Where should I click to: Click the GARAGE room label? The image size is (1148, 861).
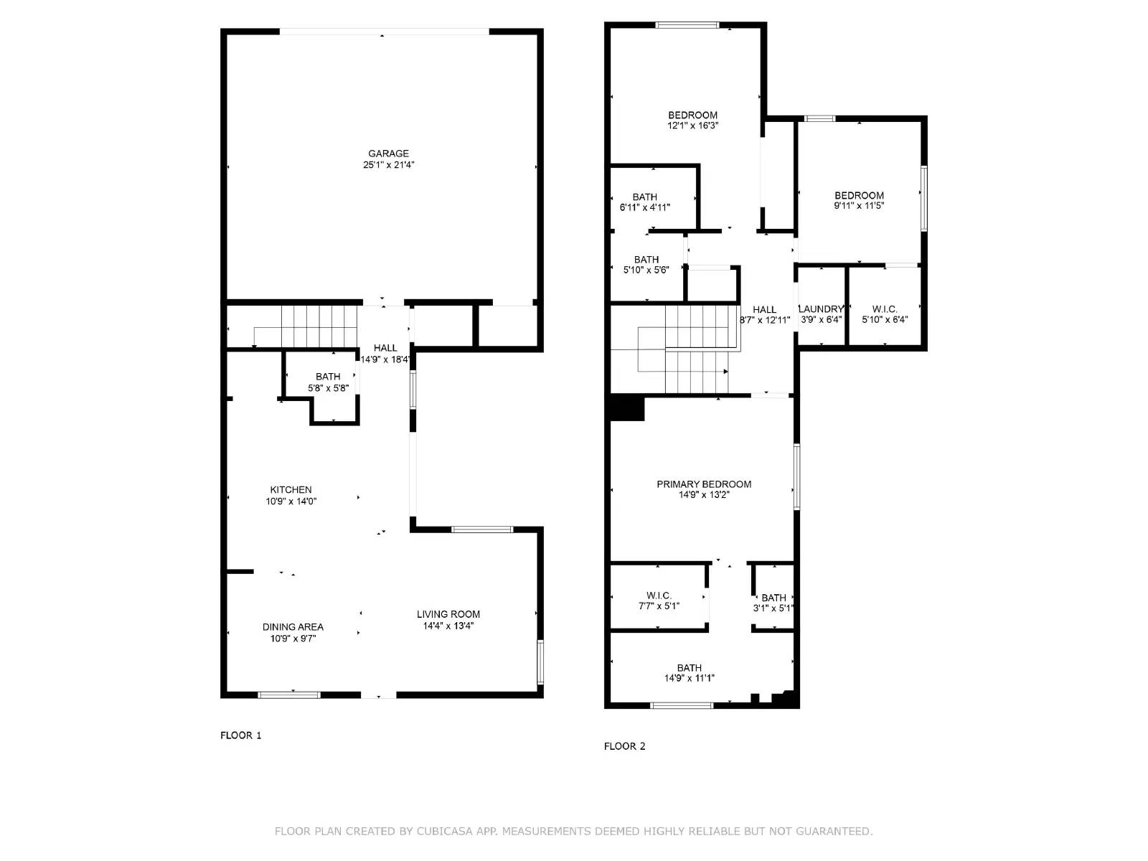(388, 154)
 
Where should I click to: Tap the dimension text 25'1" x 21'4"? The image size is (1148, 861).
(388, 165)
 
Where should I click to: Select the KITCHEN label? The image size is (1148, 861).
(291, 490)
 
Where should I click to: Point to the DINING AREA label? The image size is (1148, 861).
(293, 627)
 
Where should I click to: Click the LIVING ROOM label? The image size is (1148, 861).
(448, 614)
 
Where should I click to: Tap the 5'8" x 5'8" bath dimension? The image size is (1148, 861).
(328, 388)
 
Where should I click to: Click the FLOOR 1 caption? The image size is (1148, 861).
(240, 735)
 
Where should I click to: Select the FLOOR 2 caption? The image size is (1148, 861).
(624, 746)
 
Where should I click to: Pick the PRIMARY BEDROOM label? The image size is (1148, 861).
(704, 484)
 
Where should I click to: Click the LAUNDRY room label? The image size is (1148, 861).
(821, 309)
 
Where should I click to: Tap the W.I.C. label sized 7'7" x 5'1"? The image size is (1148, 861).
(659, 596)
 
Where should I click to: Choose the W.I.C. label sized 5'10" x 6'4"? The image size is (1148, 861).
(885, 309)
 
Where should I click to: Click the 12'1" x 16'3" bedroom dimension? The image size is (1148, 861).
(692, 126)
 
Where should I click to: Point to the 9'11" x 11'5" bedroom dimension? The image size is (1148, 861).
(859, 206)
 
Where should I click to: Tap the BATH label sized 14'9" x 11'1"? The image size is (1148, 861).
(689, 668)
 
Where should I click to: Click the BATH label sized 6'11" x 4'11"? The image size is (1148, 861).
(644, 197)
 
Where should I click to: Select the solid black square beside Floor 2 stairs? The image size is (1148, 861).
(626, 408)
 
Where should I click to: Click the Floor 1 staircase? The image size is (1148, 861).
(319, 326)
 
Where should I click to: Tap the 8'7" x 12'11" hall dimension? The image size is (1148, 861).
(765, 321)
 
